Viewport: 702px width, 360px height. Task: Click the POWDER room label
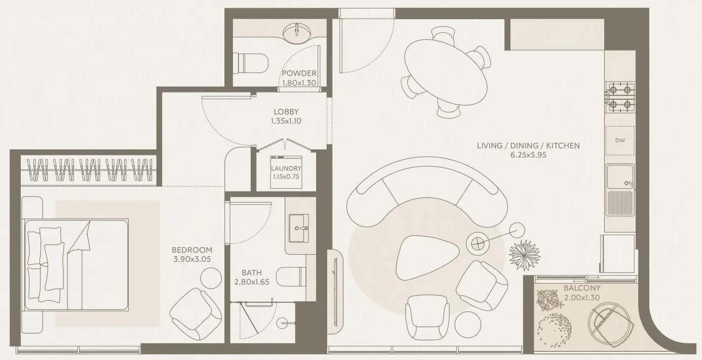299,73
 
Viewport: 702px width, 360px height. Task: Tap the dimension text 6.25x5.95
528,155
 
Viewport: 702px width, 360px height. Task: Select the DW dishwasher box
620,141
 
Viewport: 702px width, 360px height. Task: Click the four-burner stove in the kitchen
620,97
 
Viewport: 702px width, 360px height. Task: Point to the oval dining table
446,72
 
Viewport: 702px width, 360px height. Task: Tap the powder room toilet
251,63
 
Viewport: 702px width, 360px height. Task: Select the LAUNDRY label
286,169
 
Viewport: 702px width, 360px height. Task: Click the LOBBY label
286,111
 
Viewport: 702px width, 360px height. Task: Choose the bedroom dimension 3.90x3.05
192,259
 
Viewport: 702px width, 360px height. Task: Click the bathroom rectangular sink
299,228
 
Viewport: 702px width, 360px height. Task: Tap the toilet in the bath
291,276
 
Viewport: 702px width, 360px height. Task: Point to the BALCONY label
582,288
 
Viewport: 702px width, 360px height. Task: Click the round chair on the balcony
609,325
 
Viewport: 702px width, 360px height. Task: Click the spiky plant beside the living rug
524,255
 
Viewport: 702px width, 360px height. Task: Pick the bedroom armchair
196,314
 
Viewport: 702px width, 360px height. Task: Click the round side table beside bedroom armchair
211,278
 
